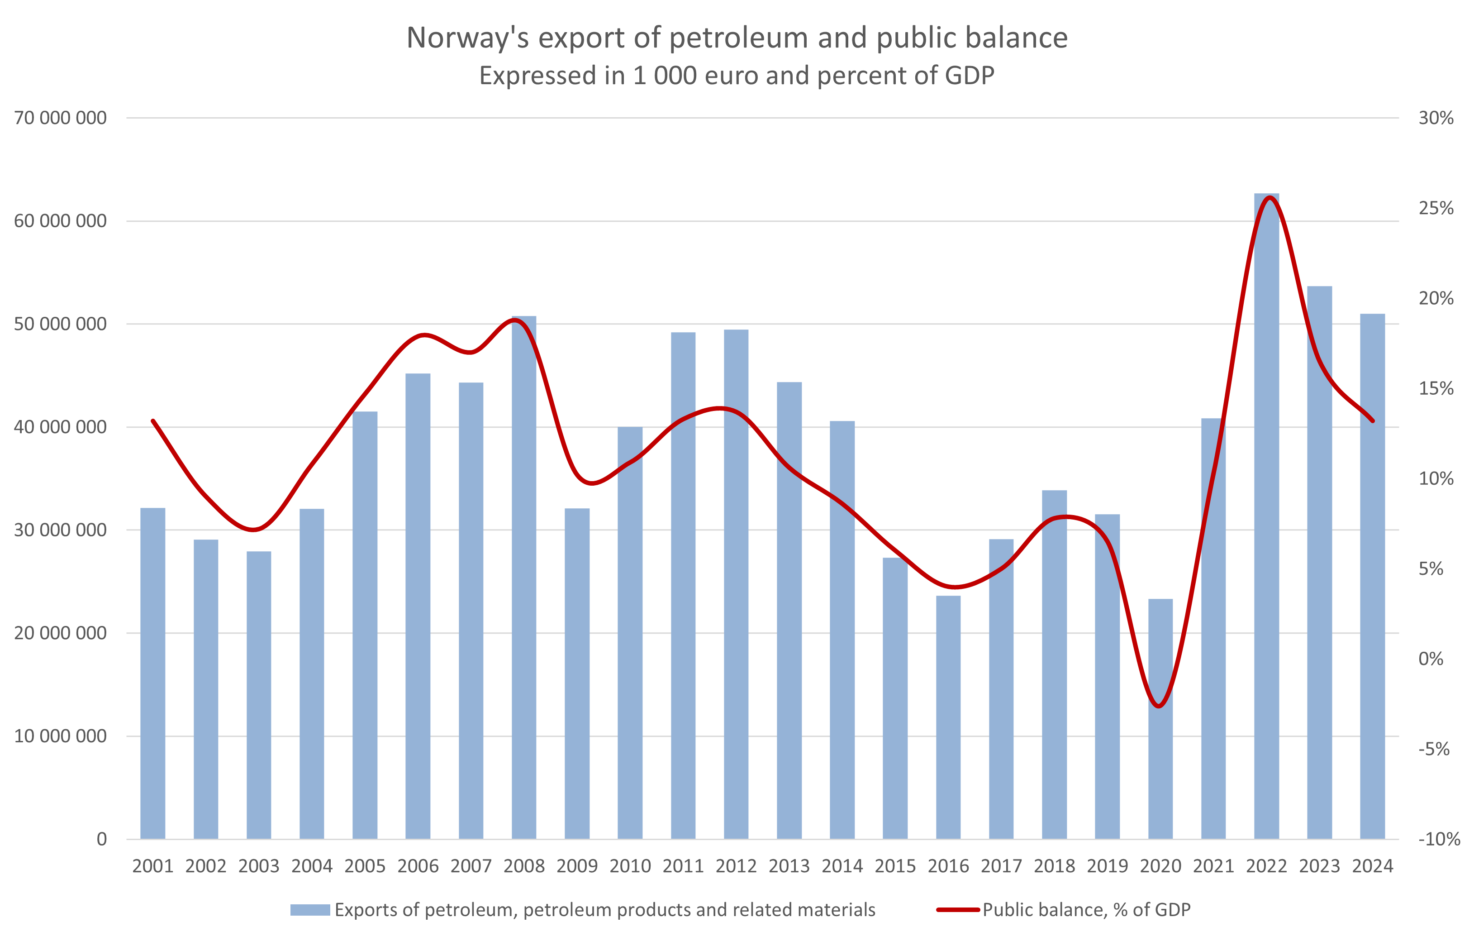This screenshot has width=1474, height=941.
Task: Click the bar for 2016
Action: coord(948,717)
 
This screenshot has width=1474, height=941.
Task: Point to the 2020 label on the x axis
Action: coord(1160,866)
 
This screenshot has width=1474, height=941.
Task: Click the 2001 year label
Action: coord(153,866)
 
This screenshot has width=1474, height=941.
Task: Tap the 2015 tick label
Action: coord(895,866)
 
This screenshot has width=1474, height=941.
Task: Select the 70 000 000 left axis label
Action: coord(60,118)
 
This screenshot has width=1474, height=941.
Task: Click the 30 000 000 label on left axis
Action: coord(60,530)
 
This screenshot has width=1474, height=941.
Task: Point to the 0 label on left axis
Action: coord(102,839)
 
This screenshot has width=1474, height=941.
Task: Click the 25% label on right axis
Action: coord(1436,208)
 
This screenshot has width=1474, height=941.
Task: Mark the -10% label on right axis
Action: coord(1439,839)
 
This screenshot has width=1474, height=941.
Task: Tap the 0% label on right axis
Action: coord(1431,659)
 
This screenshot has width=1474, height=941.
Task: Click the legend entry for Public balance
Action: coord(1087,910)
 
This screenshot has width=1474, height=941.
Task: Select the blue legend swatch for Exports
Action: coord(310,910)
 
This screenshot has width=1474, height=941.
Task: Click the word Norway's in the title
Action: coord(468,38)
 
